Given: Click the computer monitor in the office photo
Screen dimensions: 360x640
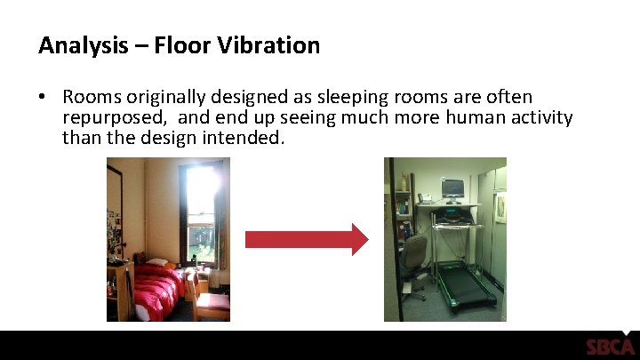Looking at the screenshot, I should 452,188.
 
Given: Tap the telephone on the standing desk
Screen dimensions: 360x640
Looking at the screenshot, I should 427,198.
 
